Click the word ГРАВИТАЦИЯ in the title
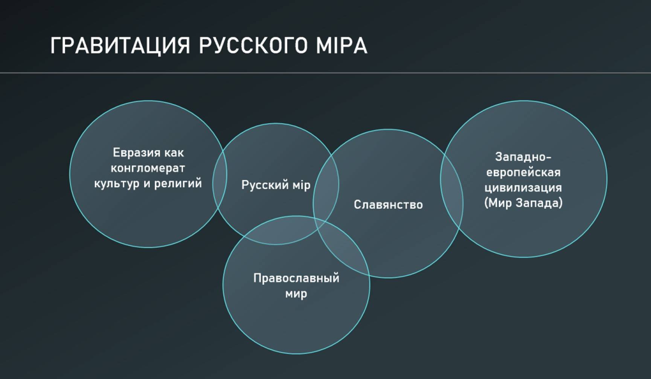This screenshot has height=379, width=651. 120,46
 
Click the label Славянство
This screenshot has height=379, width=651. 388,205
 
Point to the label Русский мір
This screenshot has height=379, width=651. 276,185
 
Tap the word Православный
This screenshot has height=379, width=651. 296,278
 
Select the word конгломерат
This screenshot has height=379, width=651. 148,168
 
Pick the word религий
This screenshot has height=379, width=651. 178,183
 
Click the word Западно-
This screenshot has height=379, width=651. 523,157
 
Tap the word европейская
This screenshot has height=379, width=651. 523,172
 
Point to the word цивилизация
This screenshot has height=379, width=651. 523,188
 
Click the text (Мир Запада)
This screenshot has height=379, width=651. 523,203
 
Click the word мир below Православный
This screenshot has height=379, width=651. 296,293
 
